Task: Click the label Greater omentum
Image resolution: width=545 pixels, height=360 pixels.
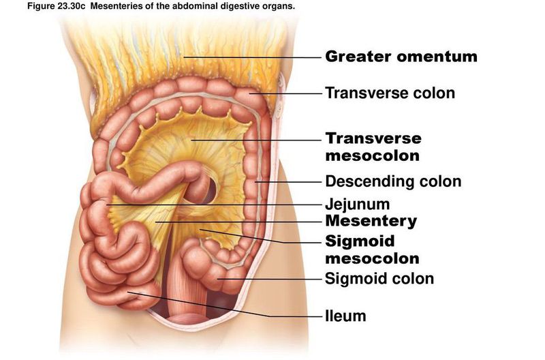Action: pos(401,57)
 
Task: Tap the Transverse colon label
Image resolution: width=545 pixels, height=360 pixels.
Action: pos(390,93)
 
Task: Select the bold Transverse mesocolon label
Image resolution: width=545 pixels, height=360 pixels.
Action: pos(373,147)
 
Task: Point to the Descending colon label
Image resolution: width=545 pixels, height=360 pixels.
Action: pos(393,181)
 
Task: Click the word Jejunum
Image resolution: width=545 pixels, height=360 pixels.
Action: pos(357,205)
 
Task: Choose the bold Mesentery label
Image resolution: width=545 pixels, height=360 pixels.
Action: pos(371,221)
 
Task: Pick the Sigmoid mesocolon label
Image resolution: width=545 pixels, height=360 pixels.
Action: pos(372,250)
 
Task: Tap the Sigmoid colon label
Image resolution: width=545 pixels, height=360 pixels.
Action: pos(379,279)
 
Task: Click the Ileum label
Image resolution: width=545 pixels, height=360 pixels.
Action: pos(345,316)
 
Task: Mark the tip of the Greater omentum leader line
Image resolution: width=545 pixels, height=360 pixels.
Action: pos(184,57)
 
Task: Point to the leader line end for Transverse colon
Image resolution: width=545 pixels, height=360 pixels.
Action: pos(249,93)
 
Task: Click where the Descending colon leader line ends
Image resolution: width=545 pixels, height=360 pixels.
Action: pos(255,181)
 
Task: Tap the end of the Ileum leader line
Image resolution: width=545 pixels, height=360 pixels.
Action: pos(128,292)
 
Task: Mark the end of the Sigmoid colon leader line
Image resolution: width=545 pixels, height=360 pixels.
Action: pos(217,279)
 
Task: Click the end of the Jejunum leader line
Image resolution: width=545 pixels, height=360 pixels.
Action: pos(106,205)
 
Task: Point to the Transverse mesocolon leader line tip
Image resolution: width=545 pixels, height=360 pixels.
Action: pos(191,140)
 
